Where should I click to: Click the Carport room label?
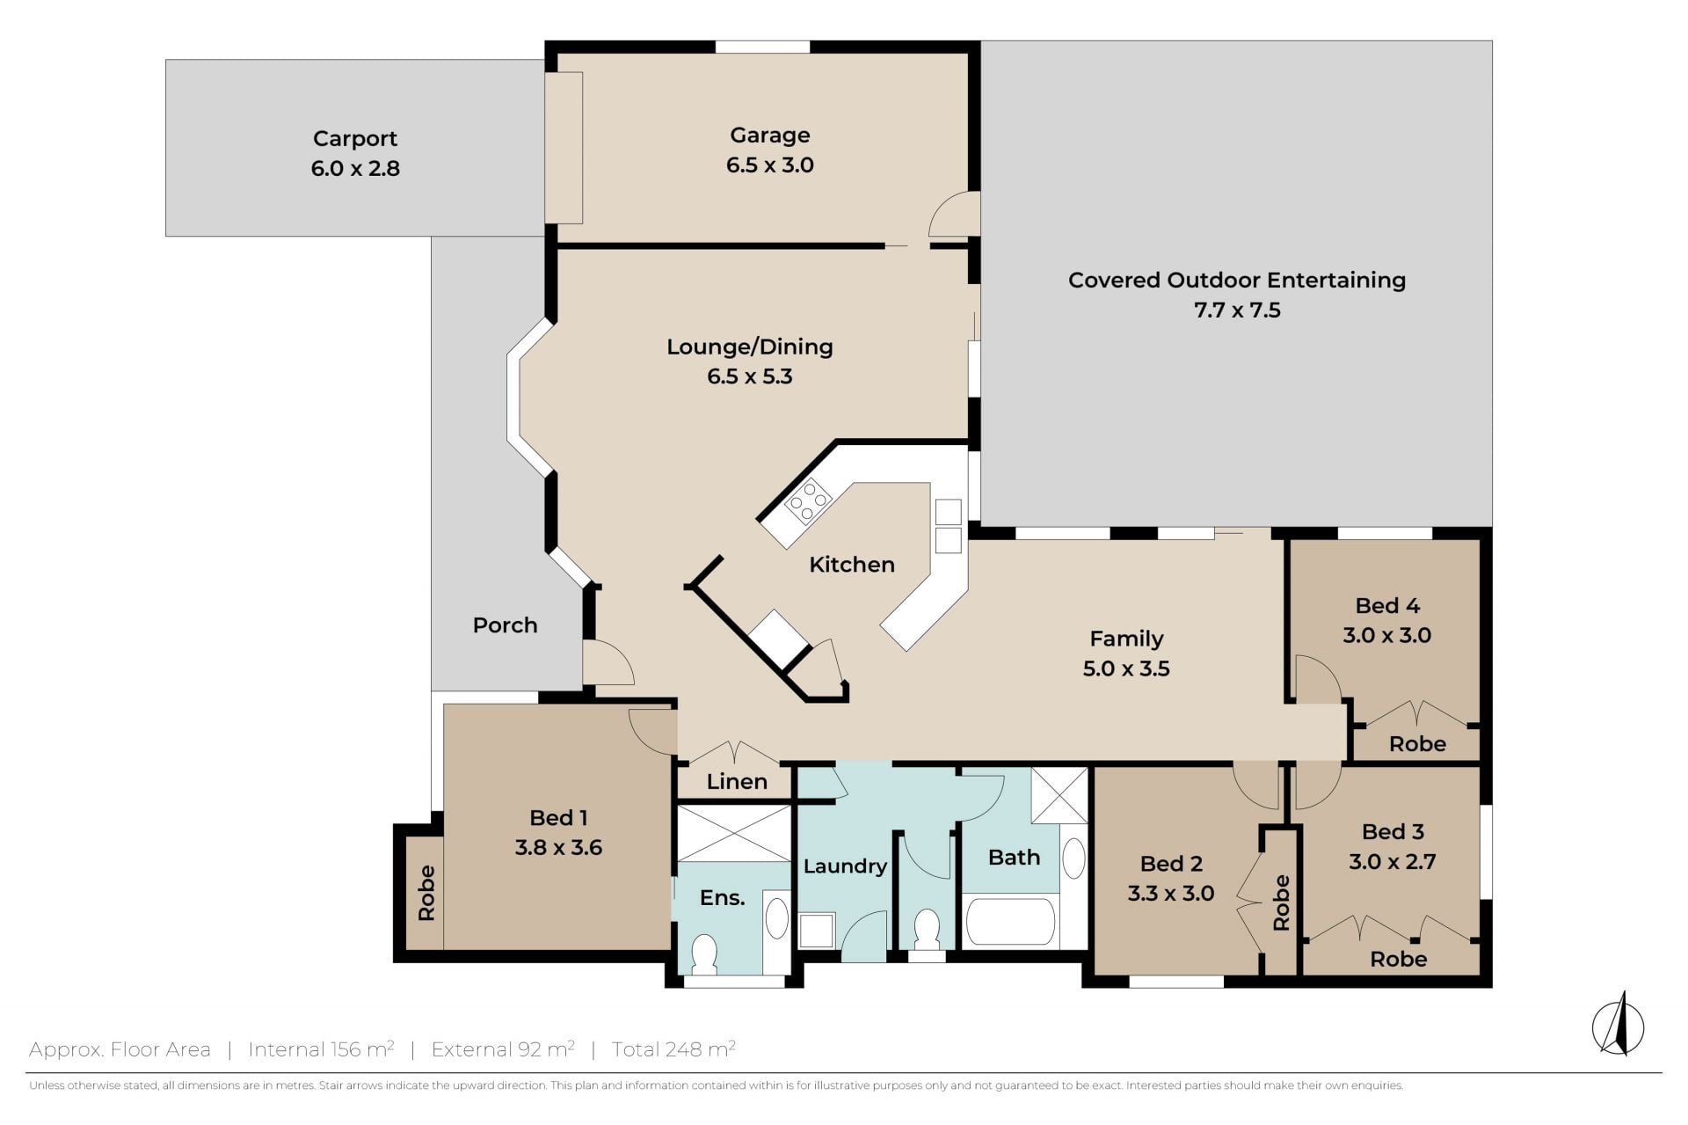point(355,139)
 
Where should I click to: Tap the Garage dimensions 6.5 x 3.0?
point(770,165)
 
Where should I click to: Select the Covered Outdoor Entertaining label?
point(1237,281)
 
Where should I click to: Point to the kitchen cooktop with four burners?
point(809,502)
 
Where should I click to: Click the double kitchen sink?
point(948,525)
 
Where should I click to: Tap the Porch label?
point(505,625)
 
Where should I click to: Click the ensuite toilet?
point(705,954)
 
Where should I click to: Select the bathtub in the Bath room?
point(1010,921)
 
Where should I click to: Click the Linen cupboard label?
point(737,781)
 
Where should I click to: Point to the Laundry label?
point(845,866)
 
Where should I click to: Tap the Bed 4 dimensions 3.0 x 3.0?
point(1387,635)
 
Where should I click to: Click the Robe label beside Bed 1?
point(426,894)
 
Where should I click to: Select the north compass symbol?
point(1619,1025)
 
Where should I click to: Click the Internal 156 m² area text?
point(321,1048)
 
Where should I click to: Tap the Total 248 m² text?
point(673,1048)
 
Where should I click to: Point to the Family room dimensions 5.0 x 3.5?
point(1126,668)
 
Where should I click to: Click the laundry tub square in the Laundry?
point(817,931)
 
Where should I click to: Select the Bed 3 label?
point(1393,831)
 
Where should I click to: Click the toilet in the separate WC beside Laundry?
point(927,931)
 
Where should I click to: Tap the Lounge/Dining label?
point(750,347)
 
